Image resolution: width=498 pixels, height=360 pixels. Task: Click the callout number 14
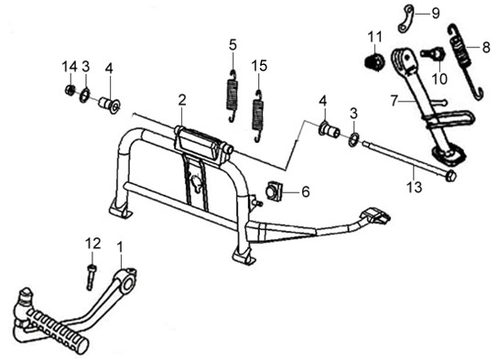(x=70, y=67)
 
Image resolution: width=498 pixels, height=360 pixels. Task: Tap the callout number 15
(x=259, y=66)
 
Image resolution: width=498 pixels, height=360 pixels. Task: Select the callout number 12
(x=92, y=244)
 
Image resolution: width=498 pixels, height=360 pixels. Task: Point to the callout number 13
(x=415, y=187)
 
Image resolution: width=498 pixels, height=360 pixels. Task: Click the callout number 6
(x=305, y=191)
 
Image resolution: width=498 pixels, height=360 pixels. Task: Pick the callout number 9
(x=435, y=14)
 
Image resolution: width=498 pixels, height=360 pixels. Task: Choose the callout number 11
(x=374, y=38)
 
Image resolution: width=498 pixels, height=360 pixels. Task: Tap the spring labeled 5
(x=233, y=96)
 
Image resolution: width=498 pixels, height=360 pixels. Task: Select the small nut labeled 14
(x=70, y=91)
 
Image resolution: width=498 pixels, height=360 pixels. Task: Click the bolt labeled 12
(x=92, y=277)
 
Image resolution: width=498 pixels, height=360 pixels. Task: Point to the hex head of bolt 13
(x=451, y=176)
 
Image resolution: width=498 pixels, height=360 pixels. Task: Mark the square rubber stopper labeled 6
(x=275, y=191)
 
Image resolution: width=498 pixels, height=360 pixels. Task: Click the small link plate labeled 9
(x=406, y=19)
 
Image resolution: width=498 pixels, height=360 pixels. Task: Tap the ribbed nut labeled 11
(x=373, y=61)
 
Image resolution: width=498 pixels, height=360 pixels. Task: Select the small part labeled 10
(x=431, y=53)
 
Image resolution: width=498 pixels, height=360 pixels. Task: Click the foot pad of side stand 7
(x=449, y=155)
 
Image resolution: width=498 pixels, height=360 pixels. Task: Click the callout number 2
(x=181, y=101)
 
